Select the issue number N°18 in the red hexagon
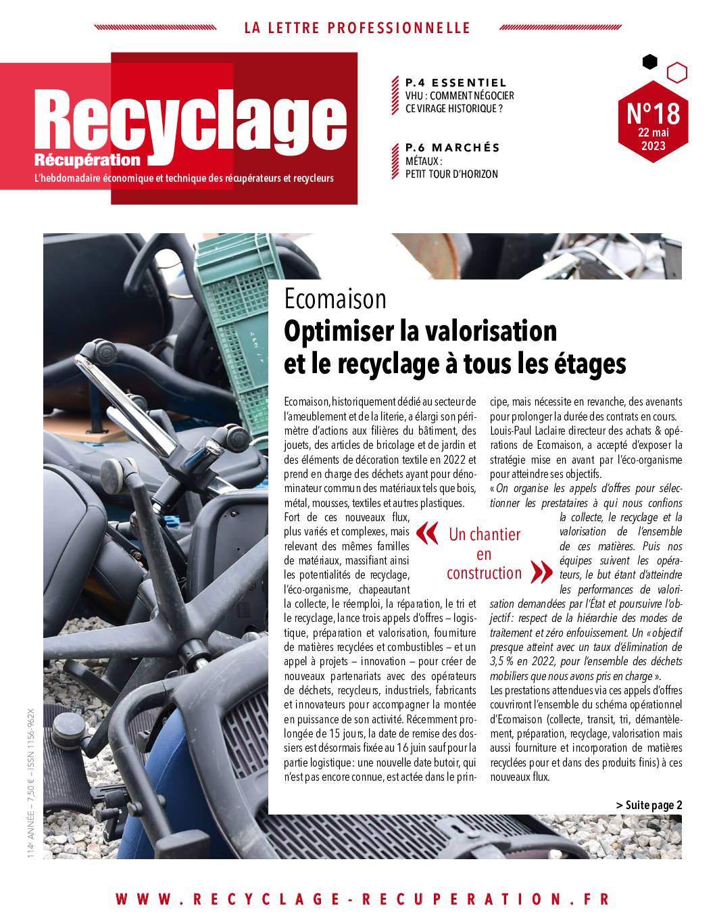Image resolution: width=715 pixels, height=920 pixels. point(653,113)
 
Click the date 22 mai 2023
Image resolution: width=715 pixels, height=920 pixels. point(653,139)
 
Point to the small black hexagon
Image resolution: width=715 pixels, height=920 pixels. point(649,62)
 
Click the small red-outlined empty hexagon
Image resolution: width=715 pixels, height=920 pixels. point(676,72)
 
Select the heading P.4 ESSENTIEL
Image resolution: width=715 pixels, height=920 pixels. point(455,82)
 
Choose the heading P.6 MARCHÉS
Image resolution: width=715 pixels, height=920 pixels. point(453,147)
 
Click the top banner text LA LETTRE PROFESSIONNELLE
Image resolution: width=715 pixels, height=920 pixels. point(357,28)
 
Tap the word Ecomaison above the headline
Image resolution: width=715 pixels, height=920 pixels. point(335,298)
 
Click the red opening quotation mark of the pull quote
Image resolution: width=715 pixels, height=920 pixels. point(427,533)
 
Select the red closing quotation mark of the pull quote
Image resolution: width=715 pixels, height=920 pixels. point(542,573)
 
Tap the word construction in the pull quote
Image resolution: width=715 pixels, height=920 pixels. point(484,573)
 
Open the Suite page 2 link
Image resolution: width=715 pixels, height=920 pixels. point(649,804)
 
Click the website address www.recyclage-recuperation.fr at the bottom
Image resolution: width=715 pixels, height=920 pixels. point(362,899)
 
